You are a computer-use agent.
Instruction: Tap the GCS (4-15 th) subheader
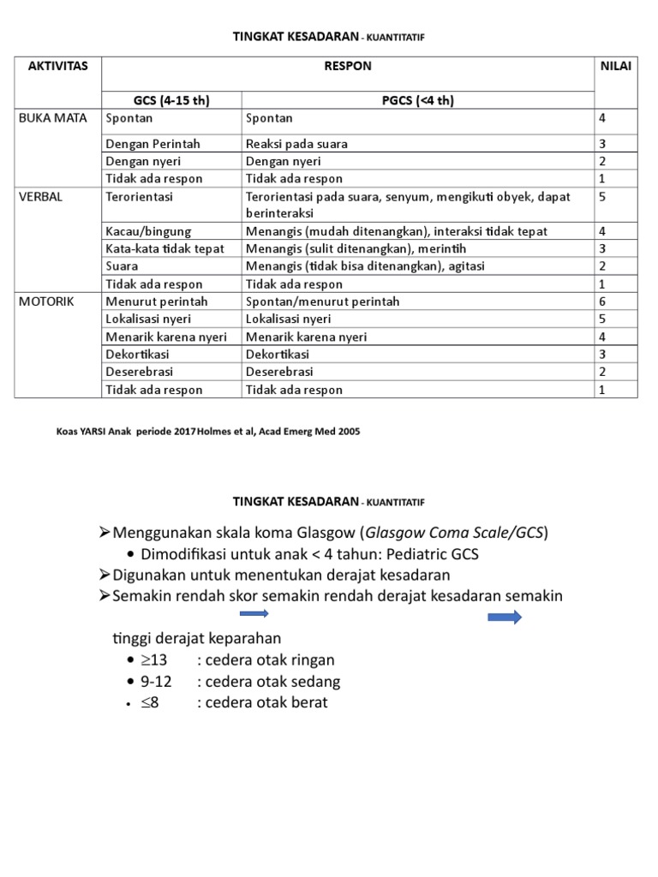pyautogui.click(x=170, y=100)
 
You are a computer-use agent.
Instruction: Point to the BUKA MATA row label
pyautogui.click(x=53, y=118)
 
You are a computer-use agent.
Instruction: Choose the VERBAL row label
pyautogui.click(x=40, y=196)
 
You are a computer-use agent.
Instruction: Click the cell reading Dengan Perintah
pyautogui.click(x=147, y=144)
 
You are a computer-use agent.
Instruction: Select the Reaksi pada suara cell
pyautogui.click(x=296, y=144)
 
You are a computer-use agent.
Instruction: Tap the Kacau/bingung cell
pyautogui.click(x=147, y=231)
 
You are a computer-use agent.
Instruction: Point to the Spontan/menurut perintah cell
pyautogui.click(x=322, y=301)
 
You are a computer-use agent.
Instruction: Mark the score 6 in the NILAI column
pyautogui.click(x=602, y=301)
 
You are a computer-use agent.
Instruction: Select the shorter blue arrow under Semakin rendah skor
pyautogui.click(x=254, y=613)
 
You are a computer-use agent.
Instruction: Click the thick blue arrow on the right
pyautogui.click(x=505, y=617)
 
